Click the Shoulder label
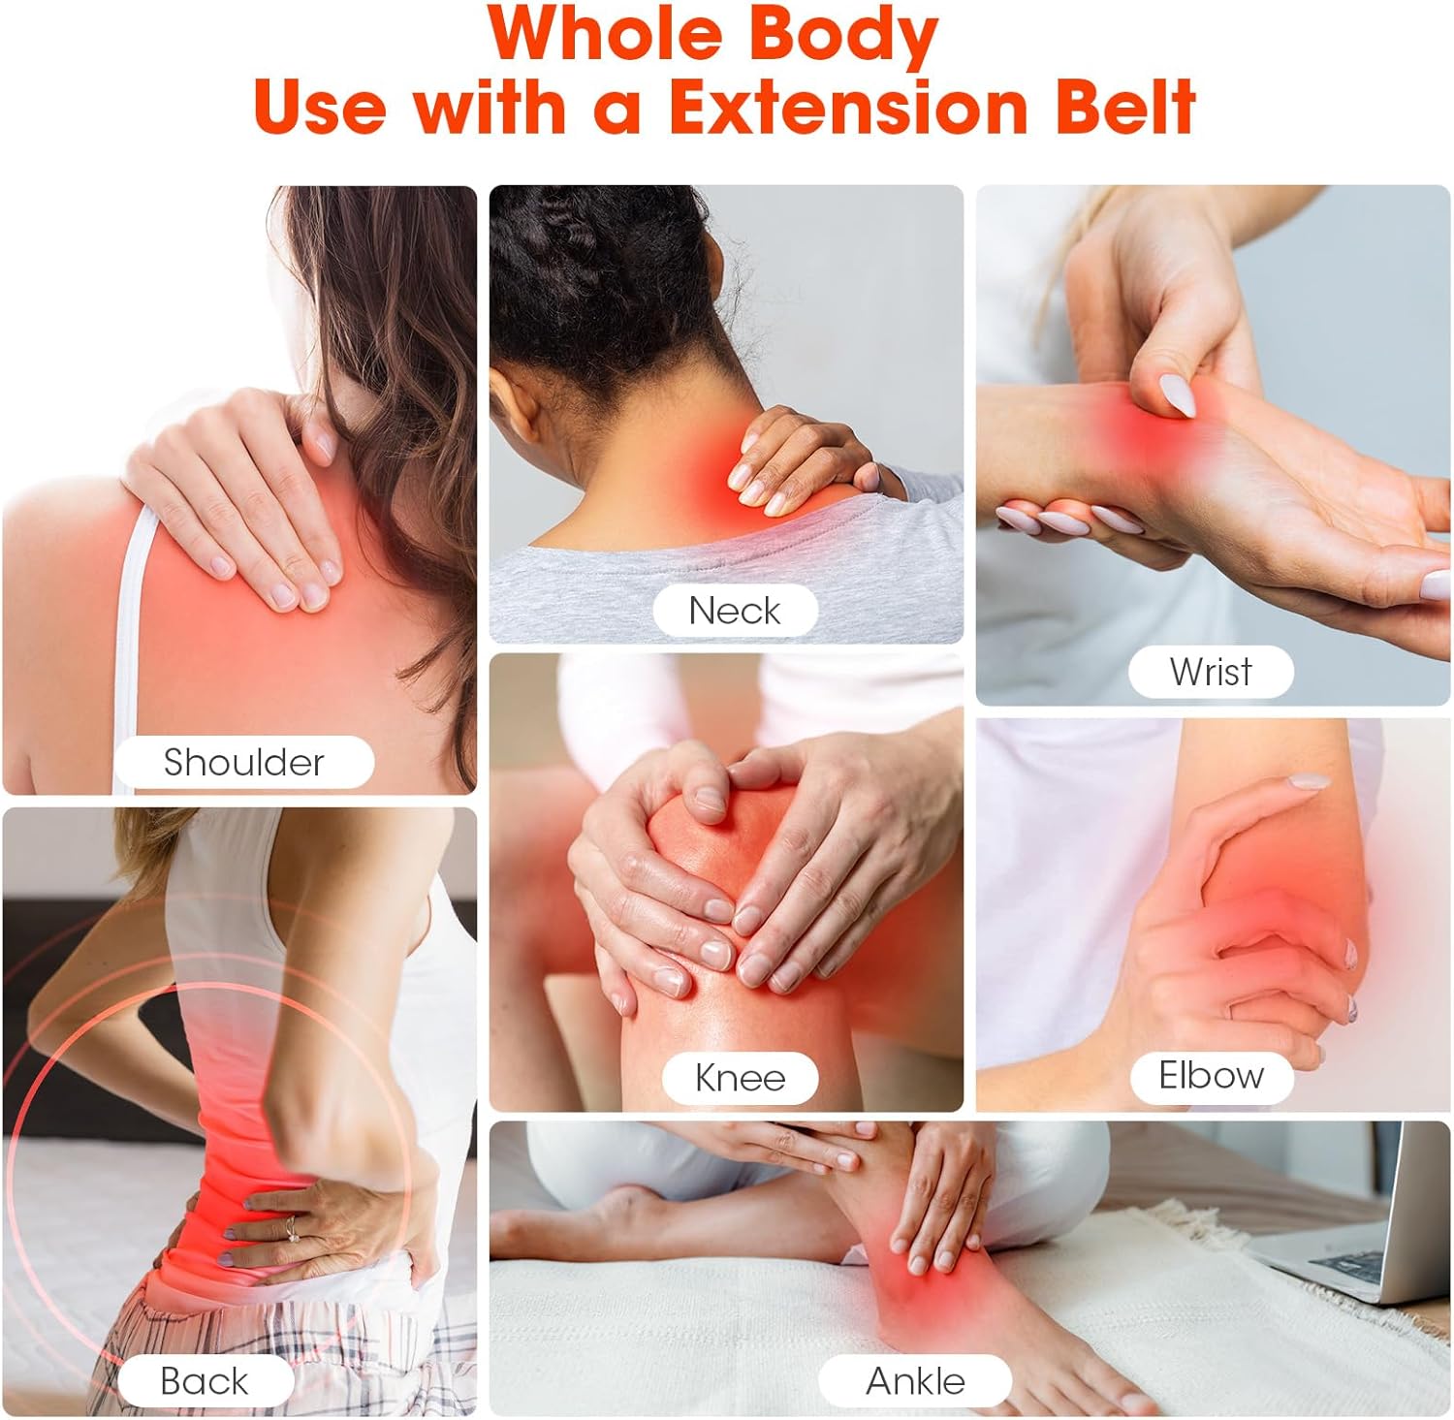click(243, 762)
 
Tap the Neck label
click(734, 611)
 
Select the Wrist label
click(1211, 672)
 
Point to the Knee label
click(740, 1078)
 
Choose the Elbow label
click(1211, 1075)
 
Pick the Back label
click(205, 1380)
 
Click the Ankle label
click(915, 1380)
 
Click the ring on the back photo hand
click(291, 1228)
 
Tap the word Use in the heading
click(320, 107)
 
